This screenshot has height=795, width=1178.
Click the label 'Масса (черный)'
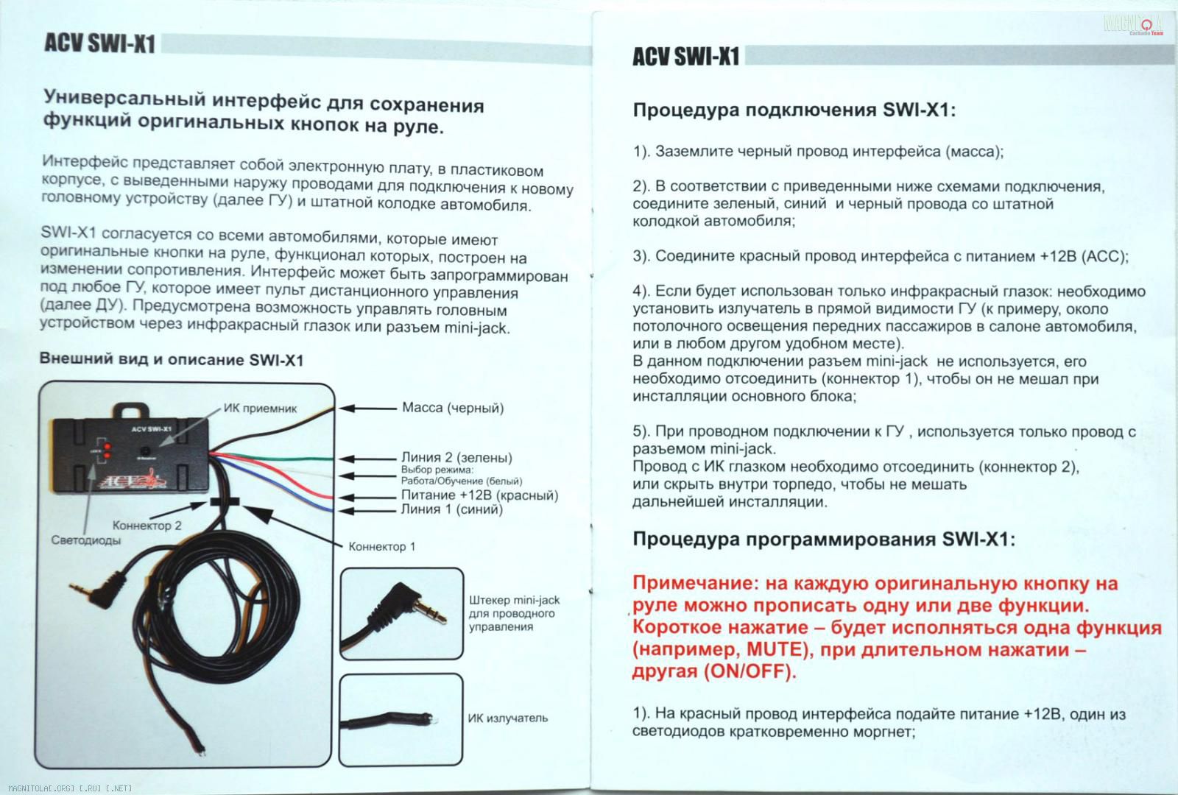tap(453, 408)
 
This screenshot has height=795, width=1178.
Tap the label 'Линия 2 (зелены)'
tap(456, 458)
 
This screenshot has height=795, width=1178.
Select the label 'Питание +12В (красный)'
tap(479, 495)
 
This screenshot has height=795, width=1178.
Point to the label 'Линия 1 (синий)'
tap(451, 509)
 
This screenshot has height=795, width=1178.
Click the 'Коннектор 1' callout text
tap(381, 547)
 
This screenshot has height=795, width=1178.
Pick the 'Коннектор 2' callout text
tap(147, 526)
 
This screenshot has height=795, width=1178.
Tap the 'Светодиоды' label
tap(86, 540)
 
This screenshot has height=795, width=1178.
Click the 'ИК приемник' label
tap(260, 409)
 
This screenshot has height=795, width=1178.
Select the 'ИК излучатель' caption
tap(507, 718)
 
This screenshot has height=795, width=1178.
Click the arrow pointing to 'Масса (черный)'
tap(367, 408)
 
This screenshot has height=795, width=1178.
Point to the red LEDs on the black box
tap(107, 451)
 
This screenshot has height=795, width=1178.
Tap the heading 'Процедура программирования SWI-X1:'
tap(824, 540)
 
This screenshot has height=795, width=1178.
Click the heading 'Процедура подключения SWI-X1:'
tap(794, 111)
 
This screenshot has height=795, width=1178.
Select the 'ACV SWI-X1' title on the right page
tap(685, 57)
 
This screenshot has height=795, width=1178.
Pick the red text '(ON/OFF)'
tap(750, 672)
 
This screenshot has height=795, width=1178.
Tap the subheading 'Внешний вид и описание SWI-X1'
tap(171, 360)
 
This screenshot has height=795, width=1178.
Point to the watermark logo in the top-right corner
tap(1135, 25)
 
